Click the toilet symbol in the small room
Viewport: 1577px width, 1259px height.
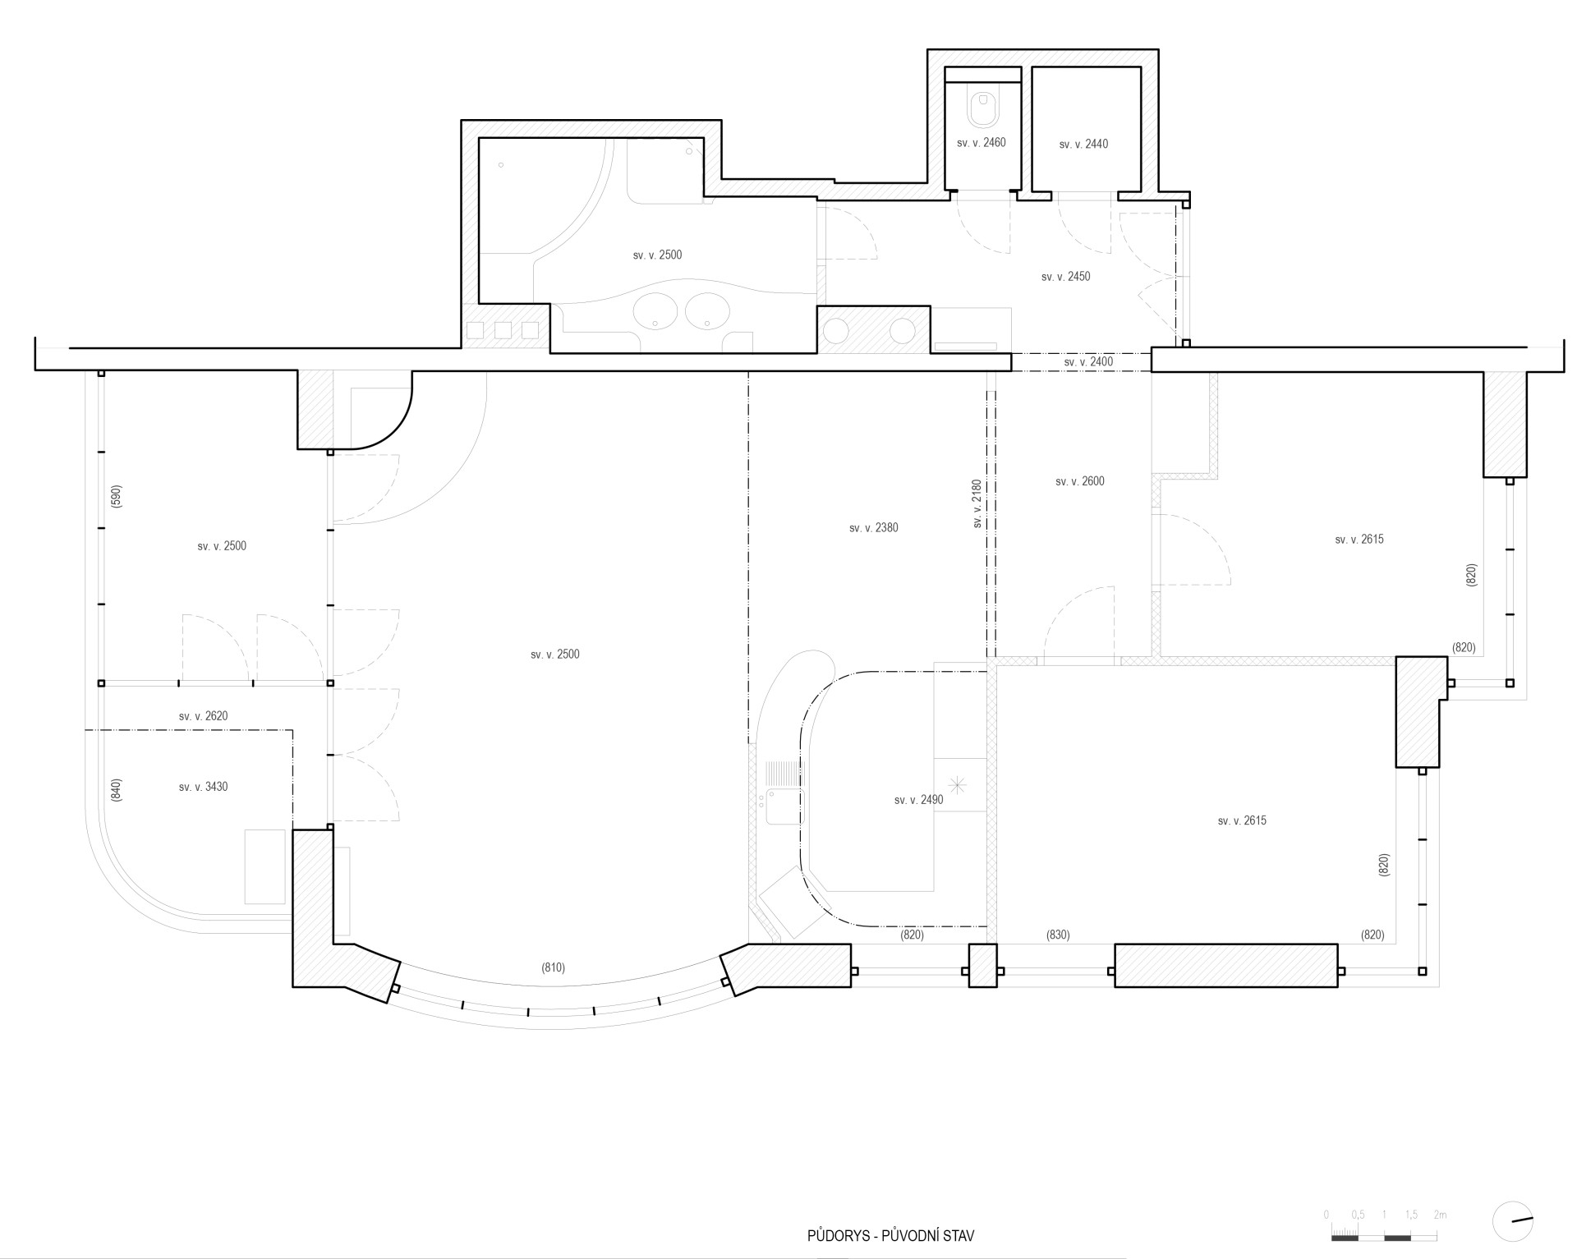click(982, 108)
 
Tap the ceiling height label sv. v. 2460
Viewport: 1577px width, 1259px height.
click(982, 143)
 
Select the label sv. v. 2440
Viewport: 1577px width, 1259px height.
click(1083, 145)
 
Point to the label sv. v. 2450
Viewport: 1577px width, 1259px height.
click(1066, 277)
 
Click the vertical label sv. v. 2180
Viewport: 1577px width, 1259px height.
click(977, 503)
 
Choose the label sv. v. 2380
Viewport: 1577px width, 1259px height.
click(874, 528)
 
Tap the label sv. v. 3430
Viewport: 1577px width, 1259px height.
click(204, 787)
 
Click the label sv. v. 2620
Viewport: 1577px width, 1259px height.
click(204, 716)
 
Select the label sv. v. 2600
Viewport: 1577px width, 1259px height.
click(1080, 481)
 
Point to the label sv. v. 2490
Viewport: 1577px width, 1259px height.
click(919, 800)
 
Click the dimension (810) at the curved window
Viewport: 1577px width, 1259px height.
click(554, 967)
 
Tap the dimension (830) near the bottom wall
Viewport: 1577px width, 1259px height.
click(1058, 935)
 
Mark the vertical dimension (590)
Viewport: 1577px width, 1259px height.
click(116, 497)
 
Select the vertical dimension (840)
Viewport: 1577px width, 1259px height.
click(116, 790)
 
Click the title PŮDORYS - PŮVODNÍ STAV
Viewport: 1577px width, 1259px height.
click(890, 1235)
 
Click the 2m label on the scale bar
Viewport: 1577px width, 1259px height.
click(1440, 1215)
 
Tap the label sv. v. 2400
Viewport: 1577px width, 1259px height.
click(1089, 362)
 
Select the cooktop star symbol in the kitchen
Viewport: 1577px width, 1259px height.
click(959, 784)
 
